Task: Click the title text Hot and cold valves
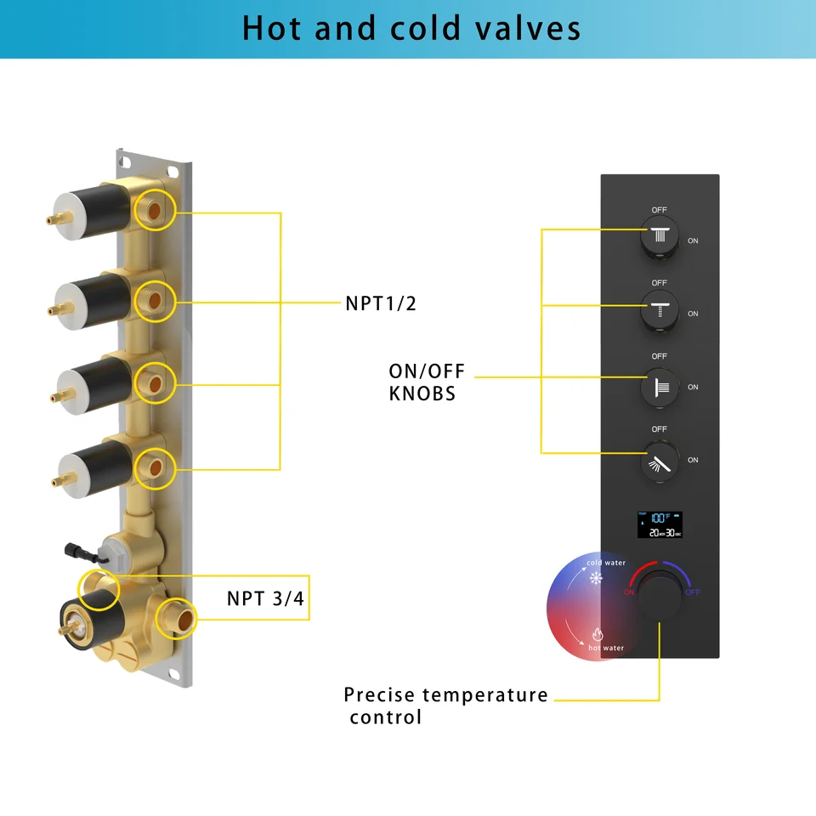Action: pos(411,28)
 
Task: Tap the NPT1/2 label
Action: pos(381,303)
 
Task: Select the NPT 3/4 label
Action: pos(265,598)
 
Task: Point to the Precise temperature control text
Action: pos(445,705)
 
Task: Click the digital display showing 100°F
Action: pos(660,524)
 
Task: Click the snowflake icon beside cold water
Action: pos(595,579)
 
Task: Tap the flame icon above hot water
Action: pos(596,634)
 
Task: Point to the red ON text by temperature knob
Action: pos(630,592)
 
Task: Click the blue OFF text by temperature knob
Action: pos(693,592)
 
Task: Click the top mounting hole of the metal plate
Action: pos(124,158)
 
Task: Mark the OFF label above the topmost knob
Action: pos(660,210)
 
